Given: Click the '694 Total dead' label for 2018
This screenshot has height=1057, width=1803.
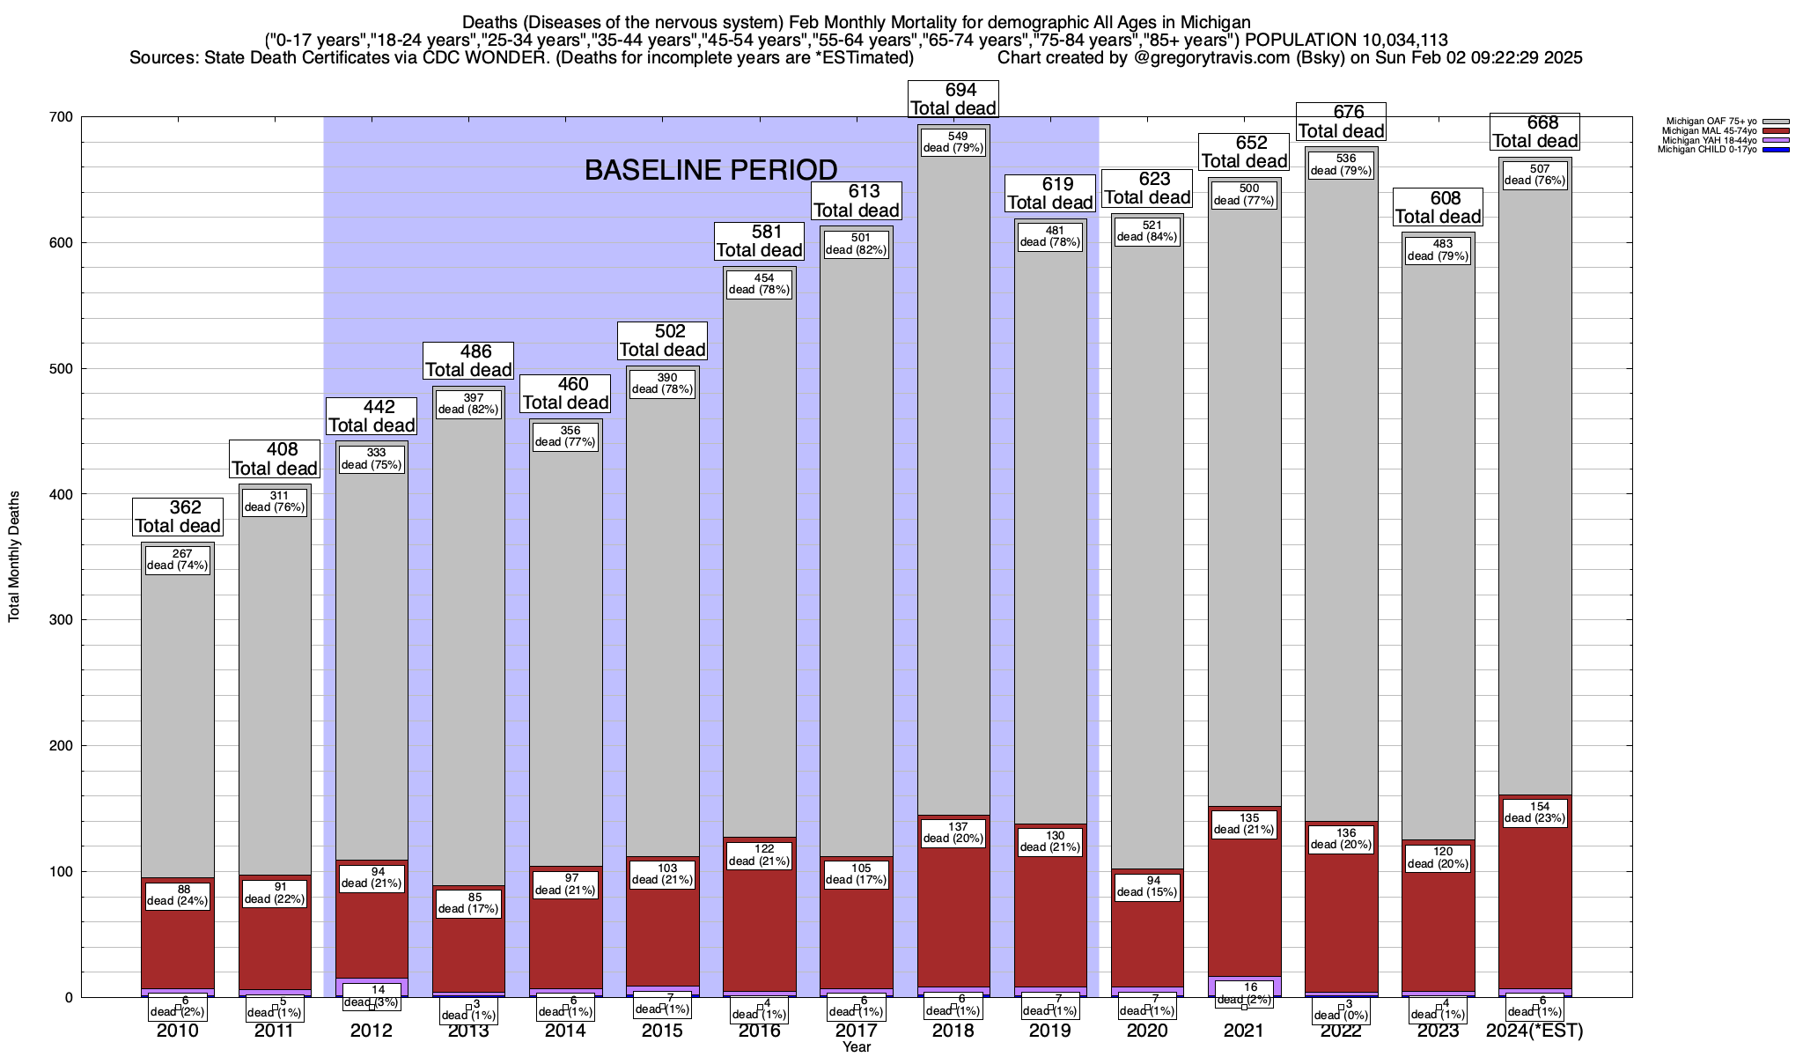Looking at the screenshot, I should click(953, 100).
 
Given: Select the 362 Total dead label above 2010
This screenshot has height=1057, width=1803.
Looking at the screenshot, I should click(178, 517).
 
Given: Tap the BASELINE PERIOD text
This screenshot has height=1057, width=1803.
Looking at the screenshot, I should click(710, 170).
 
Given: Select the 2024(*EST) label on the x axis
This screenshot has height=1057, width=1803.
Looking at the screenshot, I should click(1534, 1031).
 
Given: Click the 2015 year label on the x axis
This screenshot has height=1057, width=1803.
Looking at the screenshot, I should click(662, 1031).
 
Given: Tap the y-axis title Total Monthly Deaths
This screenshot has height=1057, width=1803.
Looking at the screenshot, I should click(14, 557).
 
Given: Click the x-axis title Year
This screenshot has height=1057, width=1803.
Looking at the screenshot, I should click(856, 1046).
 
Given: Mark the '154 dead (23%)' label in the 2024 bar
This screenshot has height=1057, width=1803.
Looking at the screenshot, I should click(1534, 812).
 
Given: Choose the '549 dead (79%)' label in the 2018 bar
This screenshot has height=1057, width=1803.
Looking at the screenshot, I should click(953, 142).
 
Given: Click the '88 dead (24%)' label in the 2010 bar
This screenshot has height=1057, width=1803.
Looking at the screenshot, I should click(178, 895).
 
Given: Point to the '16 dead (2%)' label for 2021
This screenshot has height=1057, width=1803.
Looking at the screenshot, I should click(1244, 994).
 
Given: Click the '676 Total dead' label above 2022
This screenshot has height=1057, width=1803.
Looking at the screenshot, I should click(1341, 122).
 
